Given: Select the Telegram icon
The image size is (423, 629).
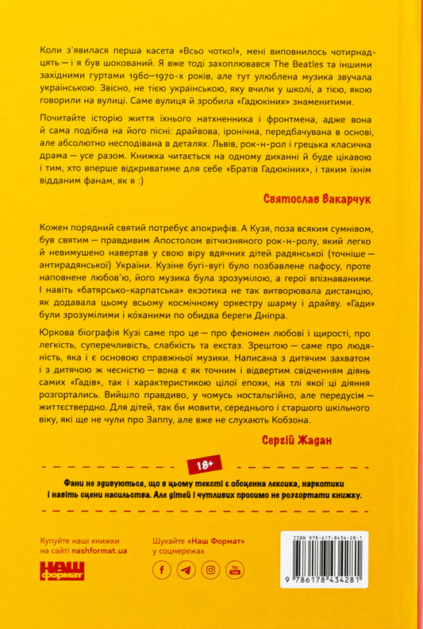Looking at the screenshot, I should coord(186,569).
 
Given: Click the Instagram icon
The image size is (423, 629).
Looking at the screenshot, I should coord(210,569).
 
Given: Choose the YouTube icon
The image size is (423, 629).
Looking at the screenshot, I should coord(235,569).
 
